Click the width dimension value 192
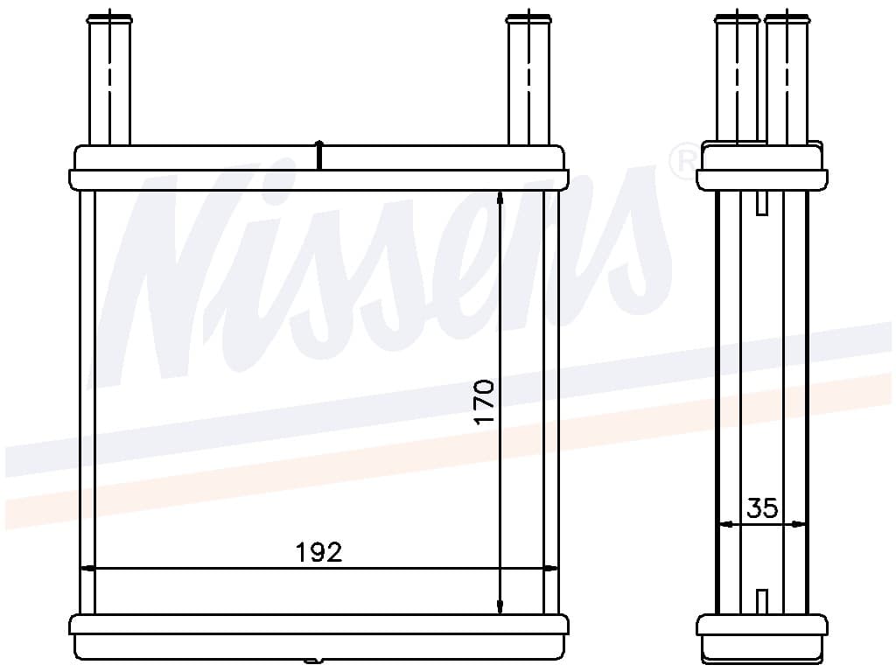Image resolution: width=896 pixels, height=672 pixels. [318, 552]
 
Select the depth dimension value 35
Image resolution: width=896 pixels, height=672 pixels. [762, 507]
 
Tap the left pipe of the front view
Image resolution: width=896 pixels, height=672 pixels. [109, 79]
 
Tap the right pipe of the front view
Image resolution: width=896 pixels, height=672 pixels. [529, 79]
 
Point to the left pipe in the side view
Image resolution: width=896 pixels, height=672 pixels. [737, 79]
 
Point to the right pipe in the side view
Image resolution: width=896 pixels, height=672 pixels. [787, 79]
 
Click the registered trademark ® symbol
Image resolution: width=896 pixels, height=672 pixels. [682, 161]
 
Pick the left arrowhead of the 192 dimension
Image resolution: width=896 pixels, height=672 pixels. [87, 568]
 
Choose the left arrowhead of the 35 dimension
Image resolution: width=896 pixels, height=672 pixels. [724, 525]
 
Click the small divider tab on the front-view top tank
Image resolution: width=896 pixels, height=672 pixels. [319, 155]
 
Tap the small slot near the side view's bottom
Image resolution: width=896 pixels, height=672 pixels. [762, 601]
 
